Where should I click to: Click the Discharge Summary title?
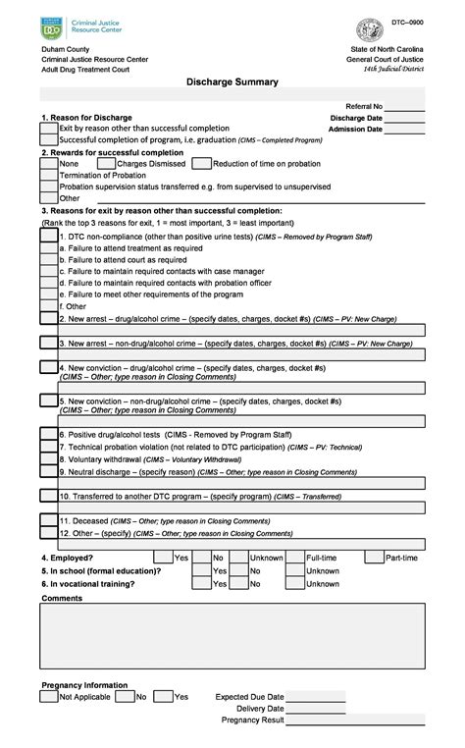232,82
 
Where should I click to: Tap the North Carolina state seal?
370,29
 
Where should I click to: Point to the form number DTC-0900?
408,22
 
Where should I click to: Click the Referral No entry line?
405,107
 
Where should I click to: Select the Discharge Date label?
356,118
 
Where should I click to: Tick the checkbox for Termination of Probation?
48,175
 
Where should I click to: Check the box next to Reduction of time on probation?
202,164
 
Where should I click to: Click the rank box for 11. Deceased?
48,520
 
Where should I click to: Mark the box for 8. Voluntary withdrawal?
48,458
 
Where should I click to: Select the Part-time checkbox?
374,558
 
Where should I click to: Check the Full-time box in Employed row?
294,558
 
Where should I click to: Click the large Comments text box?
232,634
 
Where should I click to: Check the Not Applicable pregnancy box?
48,696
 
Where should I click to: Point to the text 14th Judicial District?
393,70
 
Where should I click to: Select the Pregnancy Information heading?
84,685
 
